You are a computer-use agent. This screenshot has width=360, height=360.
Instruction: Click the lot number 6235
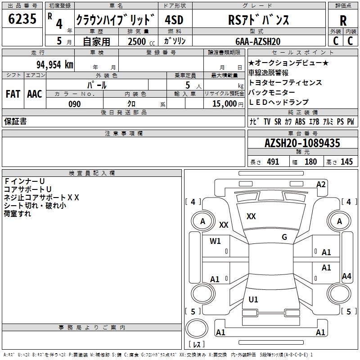click(22, 19)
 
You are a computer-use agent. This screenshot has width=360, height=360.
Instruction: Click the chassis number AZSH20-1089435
click(302, 143)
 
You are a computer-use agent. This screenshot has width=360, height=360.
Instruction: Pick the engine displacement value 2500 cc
click(137, 41)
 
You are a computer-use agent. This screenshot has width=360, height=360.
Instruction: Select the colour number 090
click(74, 104)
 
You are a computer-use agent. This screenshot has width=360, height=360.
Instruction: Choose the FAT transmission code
click(13, 94)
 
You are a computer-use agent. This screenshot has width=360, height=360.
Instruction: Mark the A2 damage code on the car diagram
click(321, 184)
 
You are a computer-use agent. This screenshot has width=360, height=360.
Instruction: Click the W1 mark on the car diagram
click(216, 241)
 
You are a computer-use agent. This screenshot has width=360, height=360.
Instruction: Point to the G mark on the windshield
click(284, 237)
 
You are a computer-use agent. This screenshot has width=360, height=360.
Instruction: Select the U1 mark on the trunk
click(253, 299)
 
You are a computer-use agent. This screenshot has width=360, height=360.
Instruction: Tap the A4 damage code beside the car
click(346, 276)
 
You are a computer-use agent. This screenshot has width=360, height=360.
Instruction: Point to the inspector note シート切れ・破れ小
click(35, 205)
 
